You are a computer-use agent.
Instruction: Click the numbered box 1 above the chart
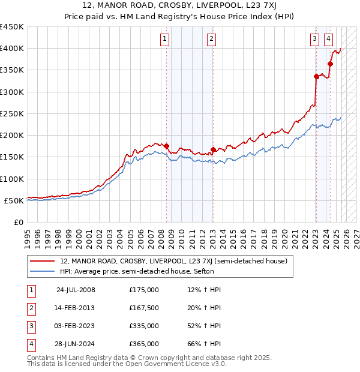164,40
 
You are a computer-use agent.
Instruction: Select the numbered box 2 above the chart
212,40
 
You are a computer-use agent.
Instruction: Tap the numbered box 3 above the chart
314,40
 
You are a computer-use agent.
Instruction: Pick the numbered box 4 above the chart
329,40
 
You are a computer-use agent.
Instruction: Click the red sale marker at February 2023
316,76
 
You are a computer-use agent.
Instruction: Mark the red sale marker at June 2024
331,64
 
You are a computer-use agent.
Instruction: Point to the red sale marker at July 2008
167,146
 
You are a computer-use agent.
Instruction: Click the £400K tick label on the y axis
12,49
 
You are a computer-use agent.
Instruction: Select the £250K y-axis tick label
12,113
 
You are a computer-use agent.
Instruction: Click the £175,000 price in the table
144,290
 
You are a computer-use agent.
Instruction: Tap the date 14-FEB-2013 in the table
74,308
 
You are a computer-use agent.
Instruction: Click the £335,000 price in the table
144,326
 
